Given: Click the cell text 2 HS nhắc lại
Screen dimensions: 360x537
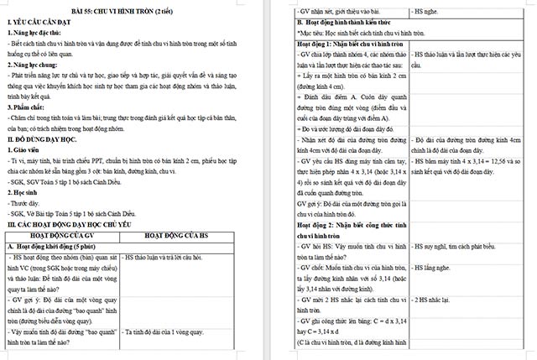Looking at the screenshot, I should point(435,299).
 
